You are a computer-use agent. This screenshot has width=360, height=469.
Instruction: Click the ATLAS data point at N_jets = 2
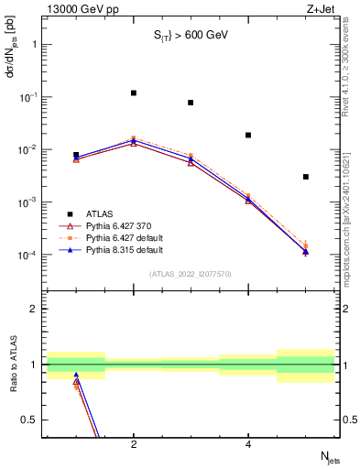pyautogui.click(x=134, y=93)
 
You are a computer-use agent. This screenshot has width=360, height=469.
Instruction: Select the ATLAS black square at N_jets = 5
pyautogui.click(x=306, y=177)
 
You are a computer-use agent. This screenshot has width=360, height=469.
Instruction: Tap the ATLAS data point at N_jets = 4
pyautogui.click(x=248, y=135)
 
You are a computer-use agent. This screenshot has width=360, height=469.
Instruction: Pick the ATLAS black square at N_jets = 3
pyautogui.click(x=191, y=103)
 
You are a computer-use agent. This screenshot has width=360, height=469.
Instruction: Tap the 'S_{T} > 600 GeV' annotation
pyautogui.click(x=191, y=36)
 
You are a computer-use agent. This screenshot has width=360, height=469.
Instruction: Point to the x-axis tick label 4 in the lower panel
pyautogui.click(x=248, y=444)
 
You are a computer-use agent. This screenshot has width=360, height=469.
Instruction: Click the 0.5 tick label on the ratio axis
pyautogui.click(x=27, y=420)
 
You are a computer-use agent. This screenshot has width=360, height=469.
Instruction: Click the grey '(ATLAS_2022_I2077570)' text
pyautogui.click(x=191, y=273)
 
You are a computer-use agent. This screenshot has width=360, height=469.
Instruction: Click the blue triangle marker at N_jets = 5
pyautogui.click(x=306, y=251)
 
